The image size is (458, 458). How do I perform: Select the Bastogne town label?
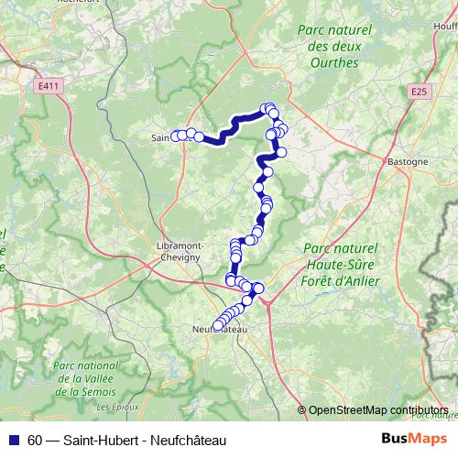409,162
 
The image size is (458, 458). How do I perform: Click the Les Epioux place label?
116,405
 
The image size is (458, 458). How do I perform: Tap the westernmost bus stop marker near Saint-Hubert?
175,136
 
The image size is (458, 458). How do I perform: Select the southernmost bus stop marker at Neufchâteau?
218,324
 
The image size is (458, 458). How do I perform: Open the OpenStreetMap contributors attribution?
378,410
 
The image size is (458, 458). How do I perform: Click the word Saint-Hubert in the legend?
102,441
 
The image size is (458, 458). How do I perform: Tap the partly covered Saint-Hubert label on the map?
161,137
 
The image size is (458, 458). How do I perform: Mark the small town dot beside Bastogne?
382,162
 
